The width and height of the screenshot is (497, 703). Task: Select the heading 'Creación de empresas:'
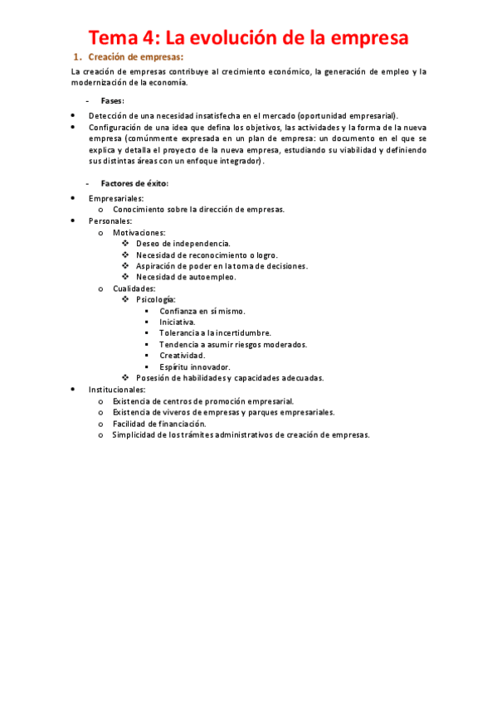135,57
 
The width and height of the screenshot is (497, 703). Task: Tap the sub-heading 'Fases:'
112,100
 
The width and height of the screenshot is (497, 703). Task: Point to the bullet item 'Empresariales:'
116,198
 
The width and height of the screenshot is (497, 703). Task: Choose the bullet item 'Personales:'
110,221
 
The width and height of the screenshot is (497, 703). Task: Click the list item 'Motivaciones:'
139,233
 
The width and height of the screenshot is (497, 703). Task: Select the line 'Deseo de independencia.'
183,244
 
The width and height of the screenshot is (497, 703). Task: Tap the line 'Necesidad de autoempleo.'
186,277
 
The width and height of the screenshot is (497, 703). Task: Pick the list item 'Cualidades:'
134,288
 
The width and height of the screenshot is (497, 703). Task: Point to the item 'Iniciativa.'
178,322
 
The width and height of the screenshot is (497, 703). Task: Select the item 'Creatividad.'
183,356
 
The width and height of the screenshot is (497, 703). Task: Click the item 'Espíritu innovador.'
195,366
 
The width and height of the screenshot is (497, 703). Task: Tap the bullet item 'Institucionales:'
117,389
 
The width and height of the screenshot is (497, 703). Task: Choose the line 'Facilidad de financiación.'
165,423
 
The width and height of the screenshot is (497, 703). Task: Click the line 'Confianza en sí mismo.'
202,311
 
